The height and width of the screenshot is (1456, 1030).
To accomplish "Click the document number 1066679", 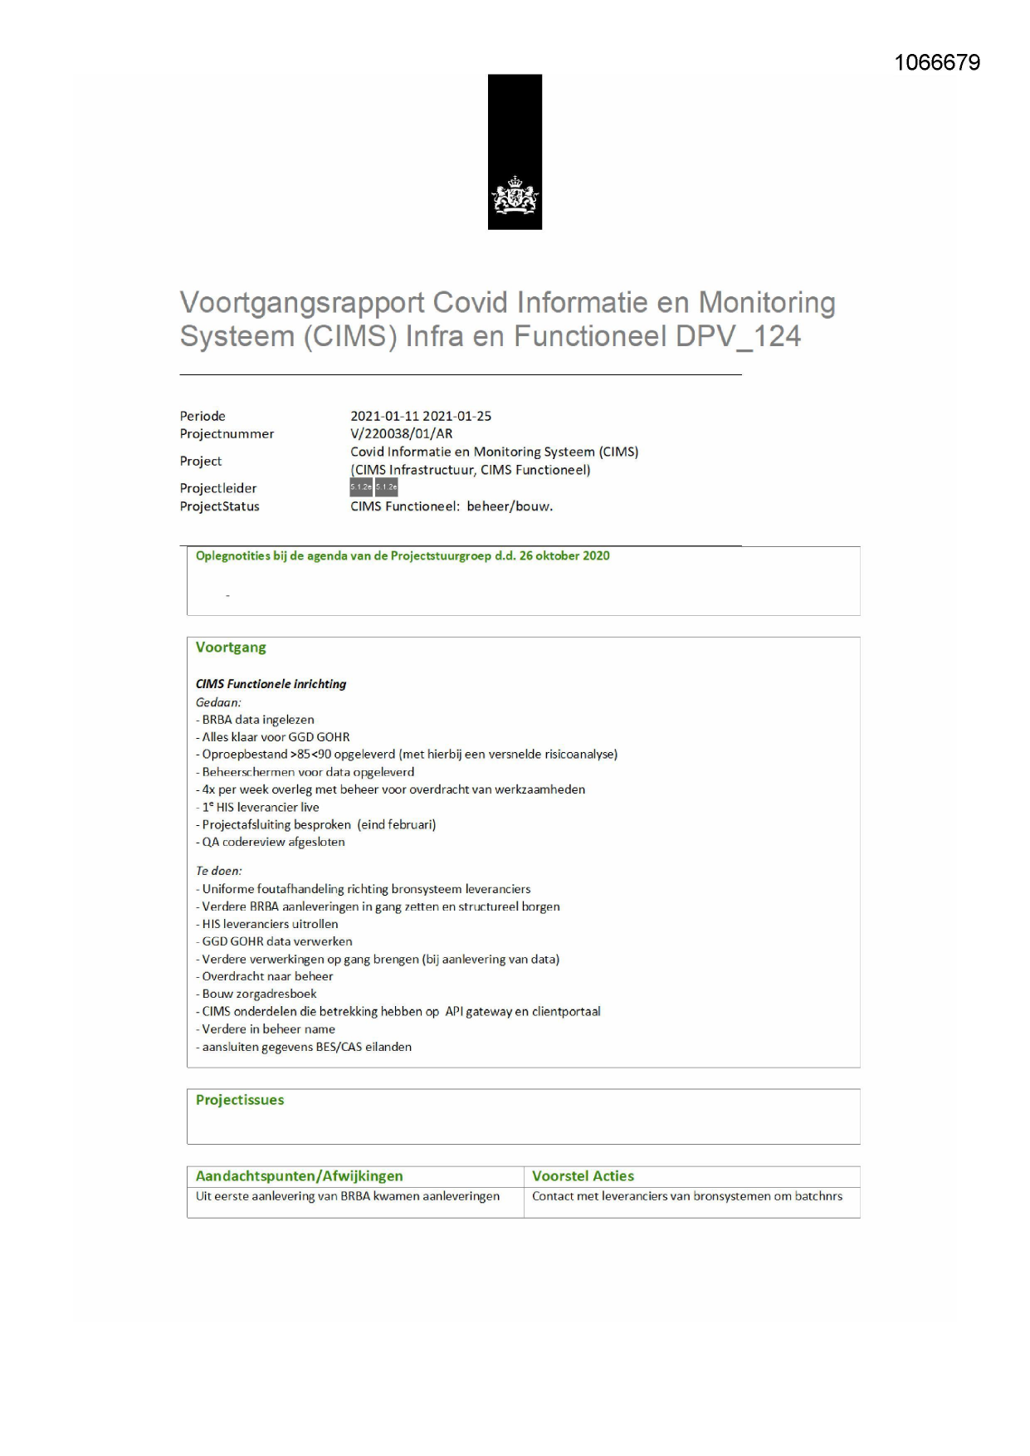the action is click(937, 63).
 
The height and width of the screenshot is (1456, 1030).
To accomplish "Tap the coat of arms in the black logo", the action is click(515, 198).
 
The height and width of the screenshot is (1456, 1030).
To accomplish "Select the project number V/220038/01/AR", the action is click(401, 433).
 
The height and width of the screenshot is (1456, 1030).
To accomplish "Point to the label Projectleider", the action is click(218, 488).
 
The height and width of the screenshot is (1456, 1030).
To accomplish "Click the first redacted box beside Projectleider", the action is click(361, 487).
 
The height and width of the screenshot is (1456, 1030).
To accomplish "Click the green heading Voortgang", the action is click(231, 647).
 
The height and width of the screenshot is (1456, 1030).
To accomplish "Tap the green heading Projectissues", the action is click(240, 1100).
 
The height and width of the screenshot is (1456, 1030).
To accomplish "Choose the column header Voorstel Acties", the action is click(583, 1176).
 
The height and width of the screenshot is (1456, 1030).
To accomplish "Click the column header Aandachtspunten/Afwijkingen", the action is click(299, 1176).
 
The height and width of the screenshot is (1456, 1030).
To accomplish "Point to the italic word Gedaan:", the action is click(218, 702).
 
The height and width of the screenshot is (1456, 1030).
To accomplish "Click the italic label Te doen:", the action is click(219, 871).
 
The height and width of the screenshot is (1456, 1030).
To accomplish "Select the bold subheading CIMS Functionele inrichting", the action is click(271, 684).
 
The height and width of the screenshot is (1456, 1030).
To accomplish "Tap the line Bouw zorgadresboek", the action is click(259, 994).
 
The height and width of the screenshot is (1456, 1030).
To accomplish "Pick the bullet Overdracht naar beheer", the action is click(267, 976).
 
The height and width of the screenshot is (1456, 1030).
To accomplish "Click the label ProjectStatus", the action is click(219, 506).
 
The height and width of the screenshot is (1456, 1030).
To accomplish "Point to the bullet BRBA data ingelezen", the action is click(258, 720).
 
